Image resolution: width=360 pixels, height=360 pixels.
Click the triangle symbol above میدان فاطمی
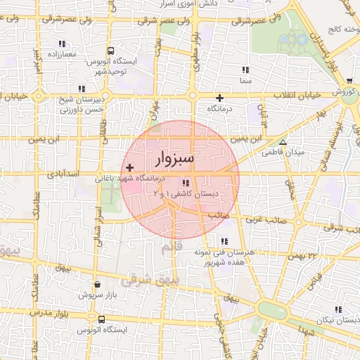coord(283,142)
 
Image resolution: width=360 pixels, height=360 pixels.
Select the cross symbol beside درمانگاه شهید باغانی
coord(129,167)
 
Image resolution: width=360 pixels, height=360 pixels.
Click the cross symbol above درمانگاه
coord(220,98)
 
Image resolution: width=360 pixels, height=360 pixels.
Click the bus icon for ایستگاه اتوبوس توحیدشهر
coord(110,51)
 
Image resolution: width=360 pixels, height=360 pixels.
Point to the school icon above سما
coord(245,70)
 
